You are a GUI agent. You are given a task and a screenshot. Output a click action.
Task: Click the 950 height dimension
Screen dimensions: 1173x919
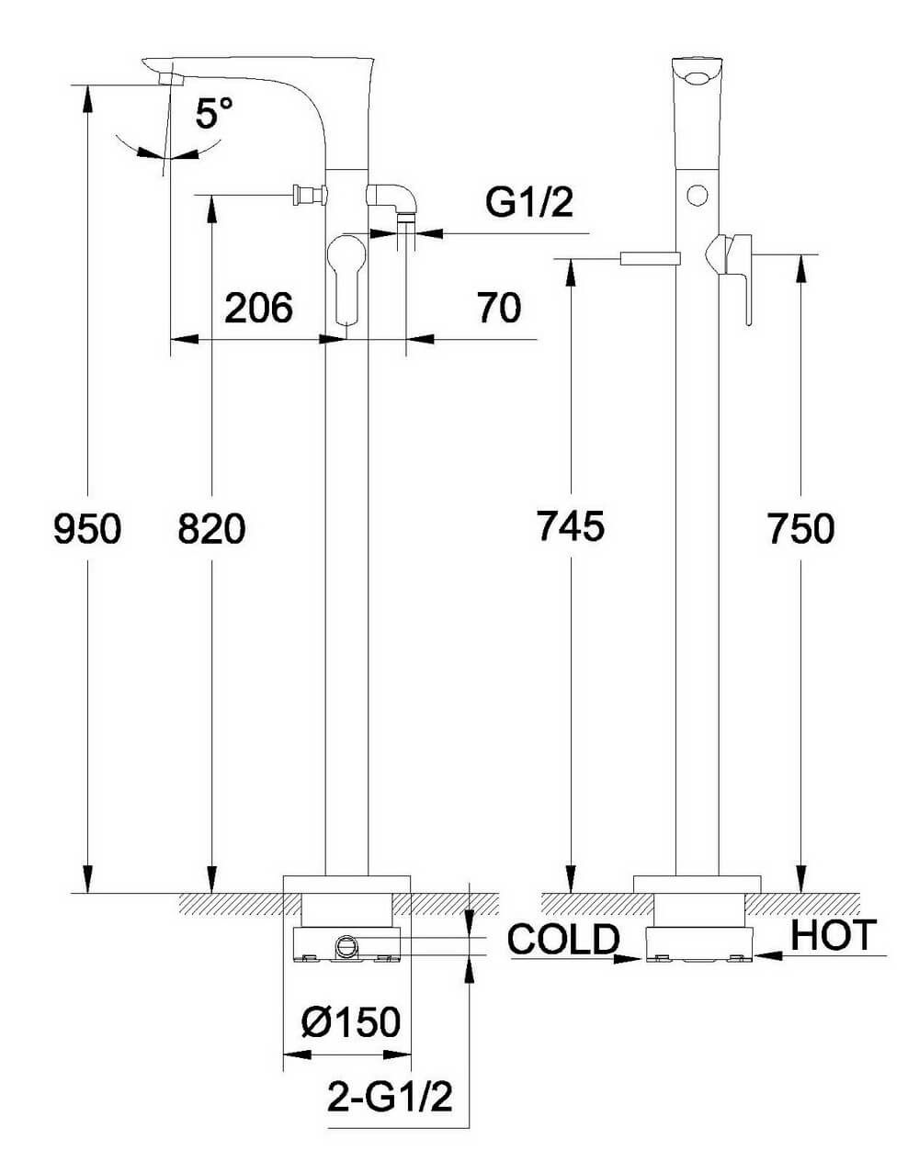pos(87,529)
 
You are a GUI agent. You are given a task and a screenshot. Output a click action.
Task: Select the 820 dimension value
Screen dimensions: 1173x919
pos(211,529)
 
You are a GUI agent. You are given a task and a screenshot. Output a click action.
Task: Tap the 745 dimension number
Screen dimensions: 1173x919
pos(571,526)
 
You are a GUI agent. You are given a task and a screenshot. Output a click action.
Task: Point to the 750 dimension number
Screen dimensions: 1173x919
pos(800,529)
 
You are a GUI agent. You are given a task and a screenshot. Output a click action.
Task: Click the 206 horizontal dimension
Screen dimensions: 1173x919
pos(258,308)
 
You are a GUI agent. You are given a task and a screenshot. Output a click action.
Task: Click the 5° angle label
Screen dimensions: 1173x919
pos(214,114)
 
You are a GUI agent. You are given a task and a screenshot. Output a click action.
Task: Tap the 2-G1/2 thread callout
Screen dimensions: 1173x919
pos(391,1096)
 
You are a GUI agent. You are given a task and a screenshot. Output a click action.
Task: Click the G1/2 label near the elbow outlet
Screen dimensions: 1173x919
pos(529,203)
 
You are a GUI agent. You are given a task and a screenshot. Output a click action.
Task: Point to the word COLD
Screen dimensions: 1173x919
pos(563,939)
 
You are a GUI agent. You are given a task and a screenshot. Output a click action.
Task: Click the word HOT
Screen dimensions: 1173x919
pos(834,935)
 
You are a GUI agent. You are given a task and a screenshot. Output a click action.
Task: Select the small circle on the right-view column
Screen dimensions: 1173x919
pos(698,195)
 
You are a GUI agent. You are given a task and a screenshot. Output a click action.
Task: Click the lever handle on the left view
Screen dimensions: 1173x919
pos(346,276)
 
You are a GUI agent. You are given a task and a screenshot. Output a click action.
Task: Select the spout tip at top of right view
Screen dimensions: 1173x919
pos(698,72)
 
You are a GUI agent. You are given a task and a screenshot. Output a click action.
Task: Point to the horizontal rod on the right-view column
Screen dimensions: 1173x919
pos(649,258)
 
